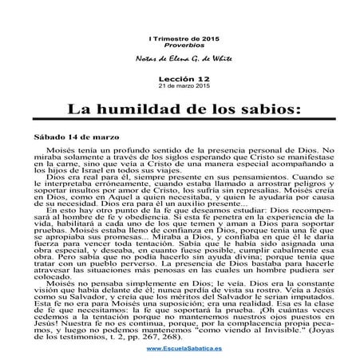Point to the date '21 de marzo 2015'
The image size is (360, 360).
coord(180,87)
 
